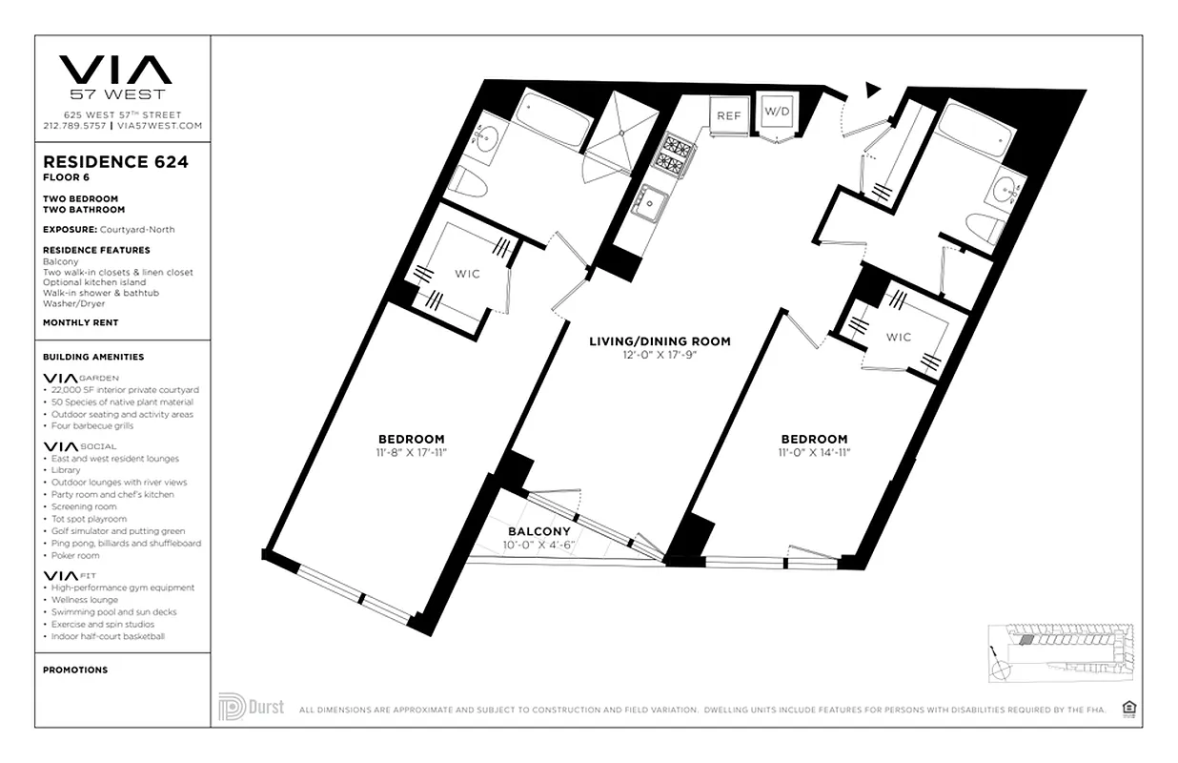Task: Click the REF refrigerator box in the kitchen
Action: pos(728,115)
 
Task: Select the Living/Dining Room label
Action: pos(660,341)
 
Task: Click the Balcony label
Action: pos(538,531)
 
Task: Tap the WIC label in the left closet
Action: pos(467,275)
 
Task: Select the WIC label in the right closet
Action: pos(899,337)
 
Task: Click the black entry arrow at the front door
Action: pos(870,90)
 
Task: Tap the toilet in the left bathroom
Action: pos(467,183)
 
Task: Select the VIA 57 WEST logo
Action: pos(115,76)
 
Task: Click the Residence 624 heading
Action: pos(115,162)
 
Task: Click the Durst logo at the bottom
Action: pos(251,708)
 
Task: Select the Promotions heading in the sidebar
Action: pos(75,670)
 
